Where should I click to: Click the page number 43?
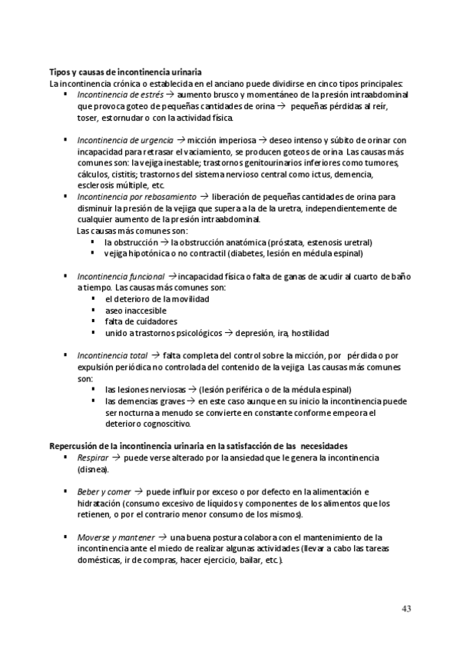coord(406,609)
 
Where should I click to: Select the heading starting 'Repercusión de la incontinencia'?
coord(199,445)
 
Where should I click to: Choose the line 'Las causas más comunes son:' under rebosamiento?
coord(132,231)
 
